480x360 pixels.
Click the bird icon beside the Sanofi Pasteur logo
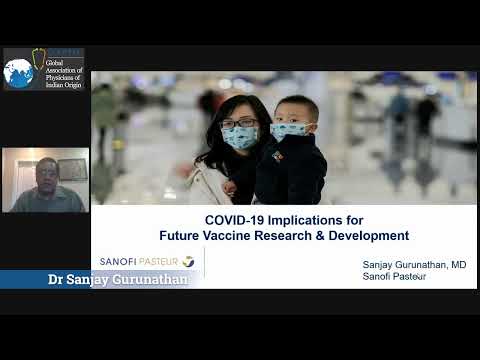point(188,262)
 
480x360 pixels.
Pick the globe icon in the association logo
point(18,72)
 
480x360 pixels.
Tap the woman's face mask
point(240,138)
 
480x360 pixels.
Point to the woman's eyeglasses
point(239,123)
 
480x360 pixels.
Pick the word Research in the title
point(329,236)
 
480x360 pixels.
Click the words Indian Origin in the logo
point(62,86)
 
